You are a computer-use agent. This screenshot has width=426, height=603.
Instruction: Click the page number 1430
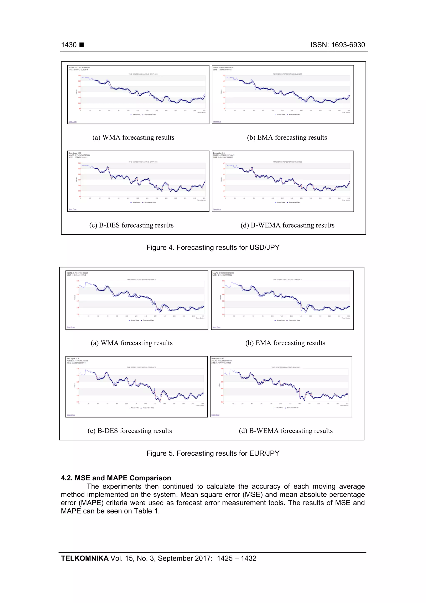[69, 45]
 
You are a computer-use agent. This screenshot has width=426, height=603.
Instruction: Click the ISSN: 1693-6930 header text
[338, 45]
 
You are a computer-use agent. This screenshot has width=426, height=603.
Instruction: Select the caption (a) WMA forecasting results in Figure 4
[133, 137]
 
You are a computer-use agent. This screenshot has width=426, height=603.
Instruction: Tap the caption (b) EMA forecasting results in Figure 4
[287, 137]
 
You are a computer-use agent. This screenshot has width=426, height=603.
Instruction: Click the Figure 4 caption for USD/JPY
[213, 247]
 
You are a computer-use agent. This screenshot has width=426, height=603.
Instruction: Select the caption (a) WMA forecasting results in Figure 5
[131, 343]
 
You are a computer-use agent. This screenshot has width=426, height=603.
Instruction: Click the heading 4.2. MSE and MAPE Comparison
[116, 478]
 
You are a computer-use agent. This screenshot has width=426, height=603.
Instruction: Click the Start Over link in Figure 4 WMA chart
[72, 122]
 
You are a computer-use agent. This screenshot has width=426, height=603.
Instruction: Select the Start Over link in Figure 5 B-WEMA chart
[215, 415]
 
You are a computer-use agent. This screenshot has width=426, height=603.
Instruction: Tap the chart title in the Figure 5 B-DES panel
[141, 367]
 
